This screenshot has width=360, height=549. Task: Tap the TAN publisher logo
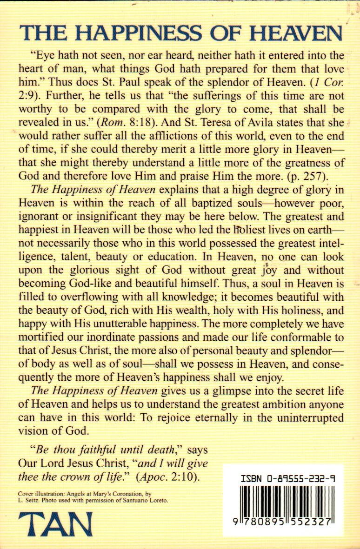[55, 525]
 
